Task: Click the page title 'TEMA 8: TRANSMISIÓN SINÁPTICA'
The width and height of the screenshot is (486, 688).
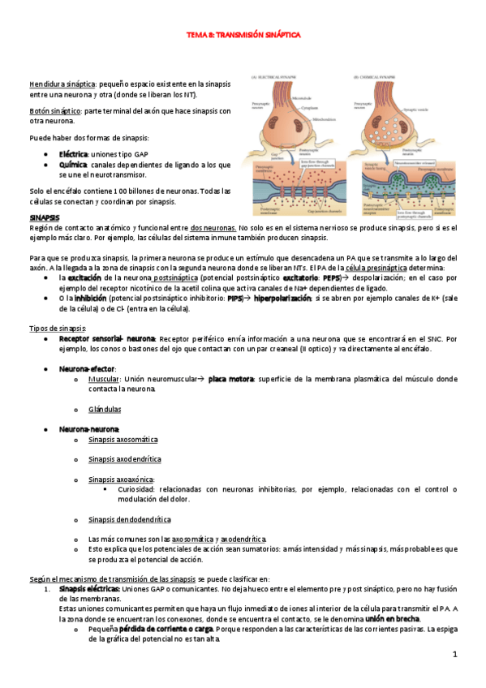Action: (243, 36)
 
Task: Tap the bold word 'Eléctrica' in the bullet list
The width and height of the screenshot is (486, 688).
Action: (74, 153)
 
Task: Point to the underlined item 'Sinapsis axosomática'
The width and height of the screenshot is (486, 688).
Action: (123, 439)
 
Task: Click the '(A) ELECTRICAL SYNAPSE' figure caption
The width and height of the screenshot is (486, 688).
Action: (277, 77)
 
